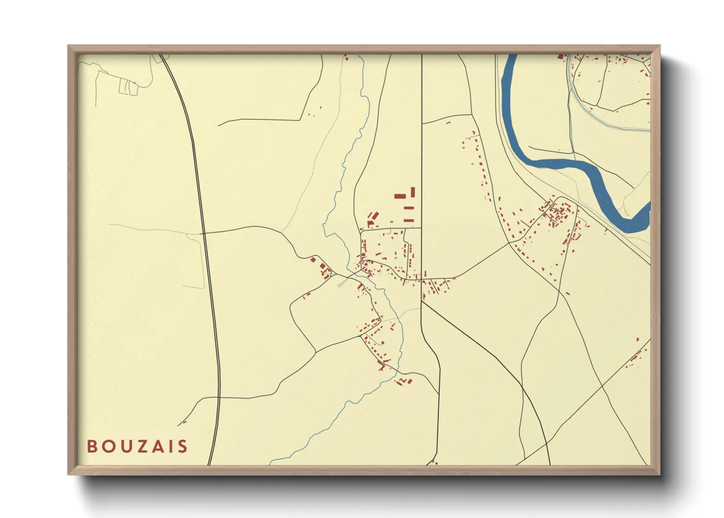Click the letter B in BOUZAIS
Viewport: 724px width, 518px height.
[92, 447]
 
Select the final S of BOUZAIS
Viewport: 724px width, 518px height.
[182, 447]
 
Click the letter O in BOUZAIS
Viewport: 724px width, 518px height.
[107, 447]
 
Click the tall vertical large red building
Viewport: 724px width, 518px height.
[413, 192]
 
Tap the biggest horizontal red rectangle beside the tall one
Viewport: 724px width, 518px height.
[400, 196]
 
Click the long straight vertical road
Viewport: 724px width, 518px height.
[422, 147]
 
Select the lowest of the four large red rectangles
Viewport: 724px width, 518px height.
[409, 221]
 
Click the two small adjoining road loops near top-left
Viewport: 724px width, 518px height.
[129, 88]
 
